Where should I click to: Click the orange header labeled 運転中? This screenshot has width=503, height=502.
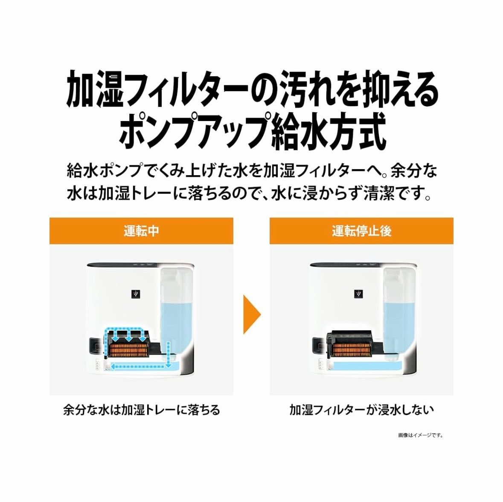pos(141,231)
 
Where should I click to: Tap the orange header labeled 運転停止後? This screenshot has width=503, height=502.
pos(361,231)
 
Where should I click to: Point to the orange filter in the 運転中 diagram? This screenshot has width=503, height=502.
pos(128,350)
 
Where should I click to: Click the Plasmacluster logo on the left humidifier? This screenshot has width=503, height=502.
pos(135,294)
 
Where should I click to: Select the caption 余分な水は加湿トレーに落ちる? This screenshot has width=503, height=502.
pos(141,410)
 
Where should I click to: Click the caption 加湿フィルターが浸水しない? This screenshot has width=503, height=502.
pos(361,410)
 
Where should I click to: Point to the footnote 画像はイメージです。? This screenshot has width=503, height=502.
pos(420,435)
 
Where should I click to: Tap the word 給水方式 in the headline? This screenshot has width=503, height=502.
pos(329,130)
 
